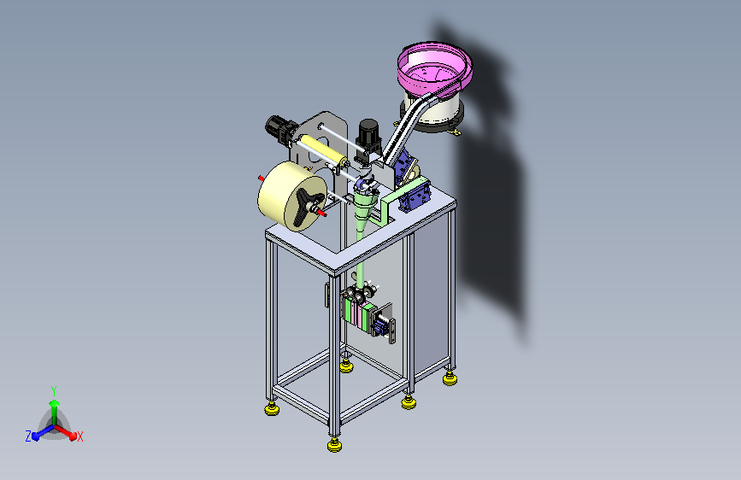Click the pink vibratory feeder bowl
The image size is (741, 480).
click(434, 71)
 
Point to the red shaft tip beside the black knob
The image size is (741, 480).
click(321, 214)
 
